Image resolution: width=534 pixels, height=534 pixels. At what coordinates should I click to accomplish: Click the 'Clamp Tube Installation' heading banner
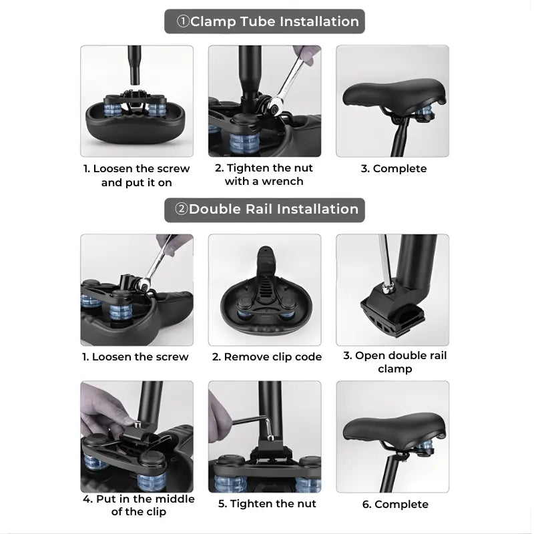(264, 21)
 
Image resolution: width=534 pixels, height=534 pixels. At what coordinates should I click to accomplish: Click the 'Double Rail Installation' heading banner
(264, 210)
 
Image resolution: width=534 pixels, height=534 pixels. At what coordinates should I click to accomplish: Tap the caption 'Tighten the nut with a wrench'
(264, 174)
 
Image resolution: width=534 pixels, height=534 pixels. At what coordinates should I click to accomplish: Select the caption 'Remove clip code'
(266, 356)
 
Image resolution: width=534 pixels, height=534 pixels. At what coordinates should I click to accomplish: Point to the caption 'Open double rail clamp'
(394, 362)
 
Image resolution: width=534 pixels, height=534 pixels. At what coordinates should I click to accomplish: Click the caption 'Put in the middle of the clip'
(139, 505)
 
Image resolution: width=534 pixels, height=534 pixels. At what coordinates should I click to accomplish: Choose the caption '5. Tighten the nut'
(267, 503)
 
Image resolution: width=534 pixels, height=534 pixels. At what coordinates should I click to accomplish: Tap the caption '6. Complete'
(395, 504)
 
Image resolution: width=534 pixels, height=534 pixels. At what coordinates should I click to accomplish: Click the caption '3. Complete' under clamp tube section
(394, 168)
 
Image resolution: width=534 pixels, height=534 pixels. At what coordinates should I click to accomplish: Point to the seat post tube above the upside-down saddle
(135, 65)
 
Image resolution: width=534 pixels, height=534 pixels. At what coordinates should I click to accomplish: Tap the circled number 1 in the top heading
(183, 21)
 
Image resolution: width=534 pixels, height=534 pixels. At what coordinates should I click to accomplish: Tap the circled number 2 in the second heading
(181, 209)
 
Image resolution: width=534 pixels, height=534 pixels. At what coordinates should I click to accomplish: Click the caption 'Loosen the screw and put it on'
(137, 176)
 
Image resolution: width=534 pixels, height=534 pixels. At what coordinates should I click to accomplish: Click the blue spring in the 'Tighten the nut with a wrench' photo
(244, 143)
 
